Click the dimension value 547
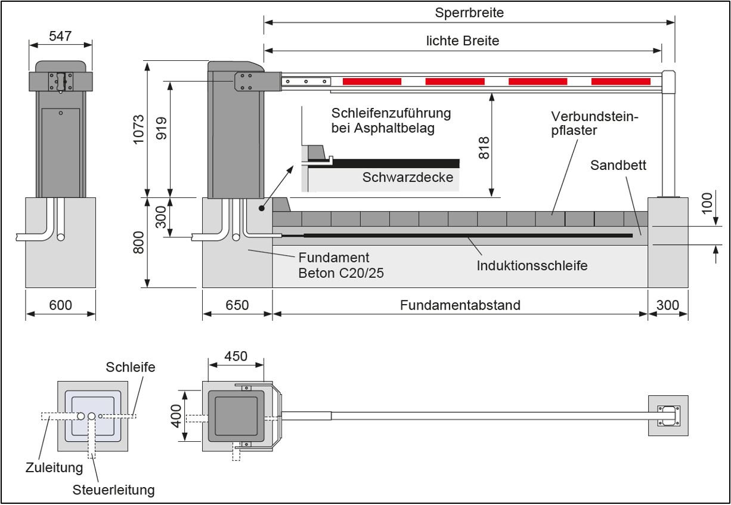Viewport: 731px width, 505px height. [60, 36]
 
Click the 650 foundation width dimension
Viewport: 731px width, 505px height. [237, 305]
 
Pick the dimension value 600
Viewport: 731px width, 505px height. [60, 305]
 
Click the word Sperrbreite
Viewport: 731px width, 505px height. [469, 13]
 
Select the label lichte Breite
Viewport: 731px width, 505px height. [463, 41]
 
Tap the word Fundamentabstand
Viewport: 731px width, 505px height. [460, 305]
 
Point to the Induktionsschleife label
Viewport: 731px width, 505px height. [532, 265]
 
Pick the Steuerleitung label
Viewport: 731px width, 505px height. [113, 490]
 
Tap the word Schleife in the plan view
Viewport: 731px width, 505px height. [131, 367]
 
